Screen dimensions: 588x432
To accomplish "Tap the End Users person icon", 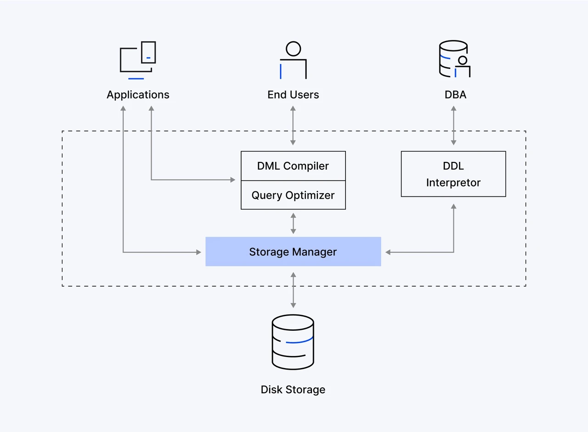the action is [293, 60].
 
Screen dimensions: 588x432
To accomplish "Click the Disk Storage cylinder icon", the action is [293, 342].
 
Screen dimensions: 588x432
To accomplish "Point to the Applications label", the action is [138, 95].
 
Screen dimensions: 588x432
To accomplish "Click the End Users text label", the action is [293, 95].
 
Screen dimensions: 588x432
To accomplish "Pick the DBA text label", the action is [455, 95].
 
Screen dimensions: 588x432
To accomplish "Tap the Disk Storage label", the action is [293, 390].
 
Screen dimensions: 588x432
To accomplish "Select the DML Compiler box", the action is [293, 166].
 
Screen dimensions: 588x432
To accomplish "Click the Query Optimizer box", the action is [293, 195].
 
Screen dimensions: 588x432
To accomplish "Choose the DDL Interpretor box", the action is [453, 174].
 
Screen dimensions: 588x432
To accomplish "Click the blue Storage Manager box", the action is [293, 252].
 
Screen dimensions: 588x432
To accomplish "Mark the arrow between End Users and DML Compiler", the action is [293, 126].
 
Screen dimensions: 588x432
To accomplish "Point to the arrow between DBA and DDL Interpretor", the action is [453, 126].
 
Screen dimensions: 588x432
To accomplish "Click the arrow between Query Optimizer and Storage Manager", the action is [293, 224].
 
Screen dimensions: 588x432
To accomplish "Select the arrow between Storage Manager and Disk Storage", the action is [293, 290].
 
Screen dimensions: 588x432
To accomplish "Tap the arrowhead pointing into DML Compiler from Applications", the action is [233, 179].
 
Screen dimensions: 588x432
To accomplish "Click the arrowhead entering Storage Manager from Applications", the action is [199, 252].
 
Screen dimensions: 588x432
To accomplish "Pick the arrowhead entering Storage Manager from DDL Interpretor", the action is [388, 252].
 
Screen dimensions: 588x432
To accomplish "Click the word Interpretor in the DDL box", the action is [453, 183].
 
